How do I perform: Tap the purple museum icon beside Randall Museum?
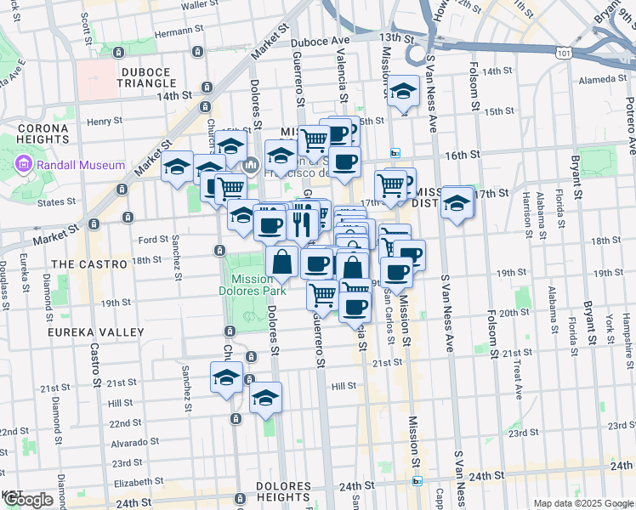click(22, 164)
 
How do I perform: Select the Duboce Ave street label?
click(320, 41)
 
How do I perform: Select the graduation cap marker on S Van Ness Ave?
click(457, 202)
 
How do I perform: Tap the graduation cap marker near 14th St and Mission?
click(403, 92)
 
